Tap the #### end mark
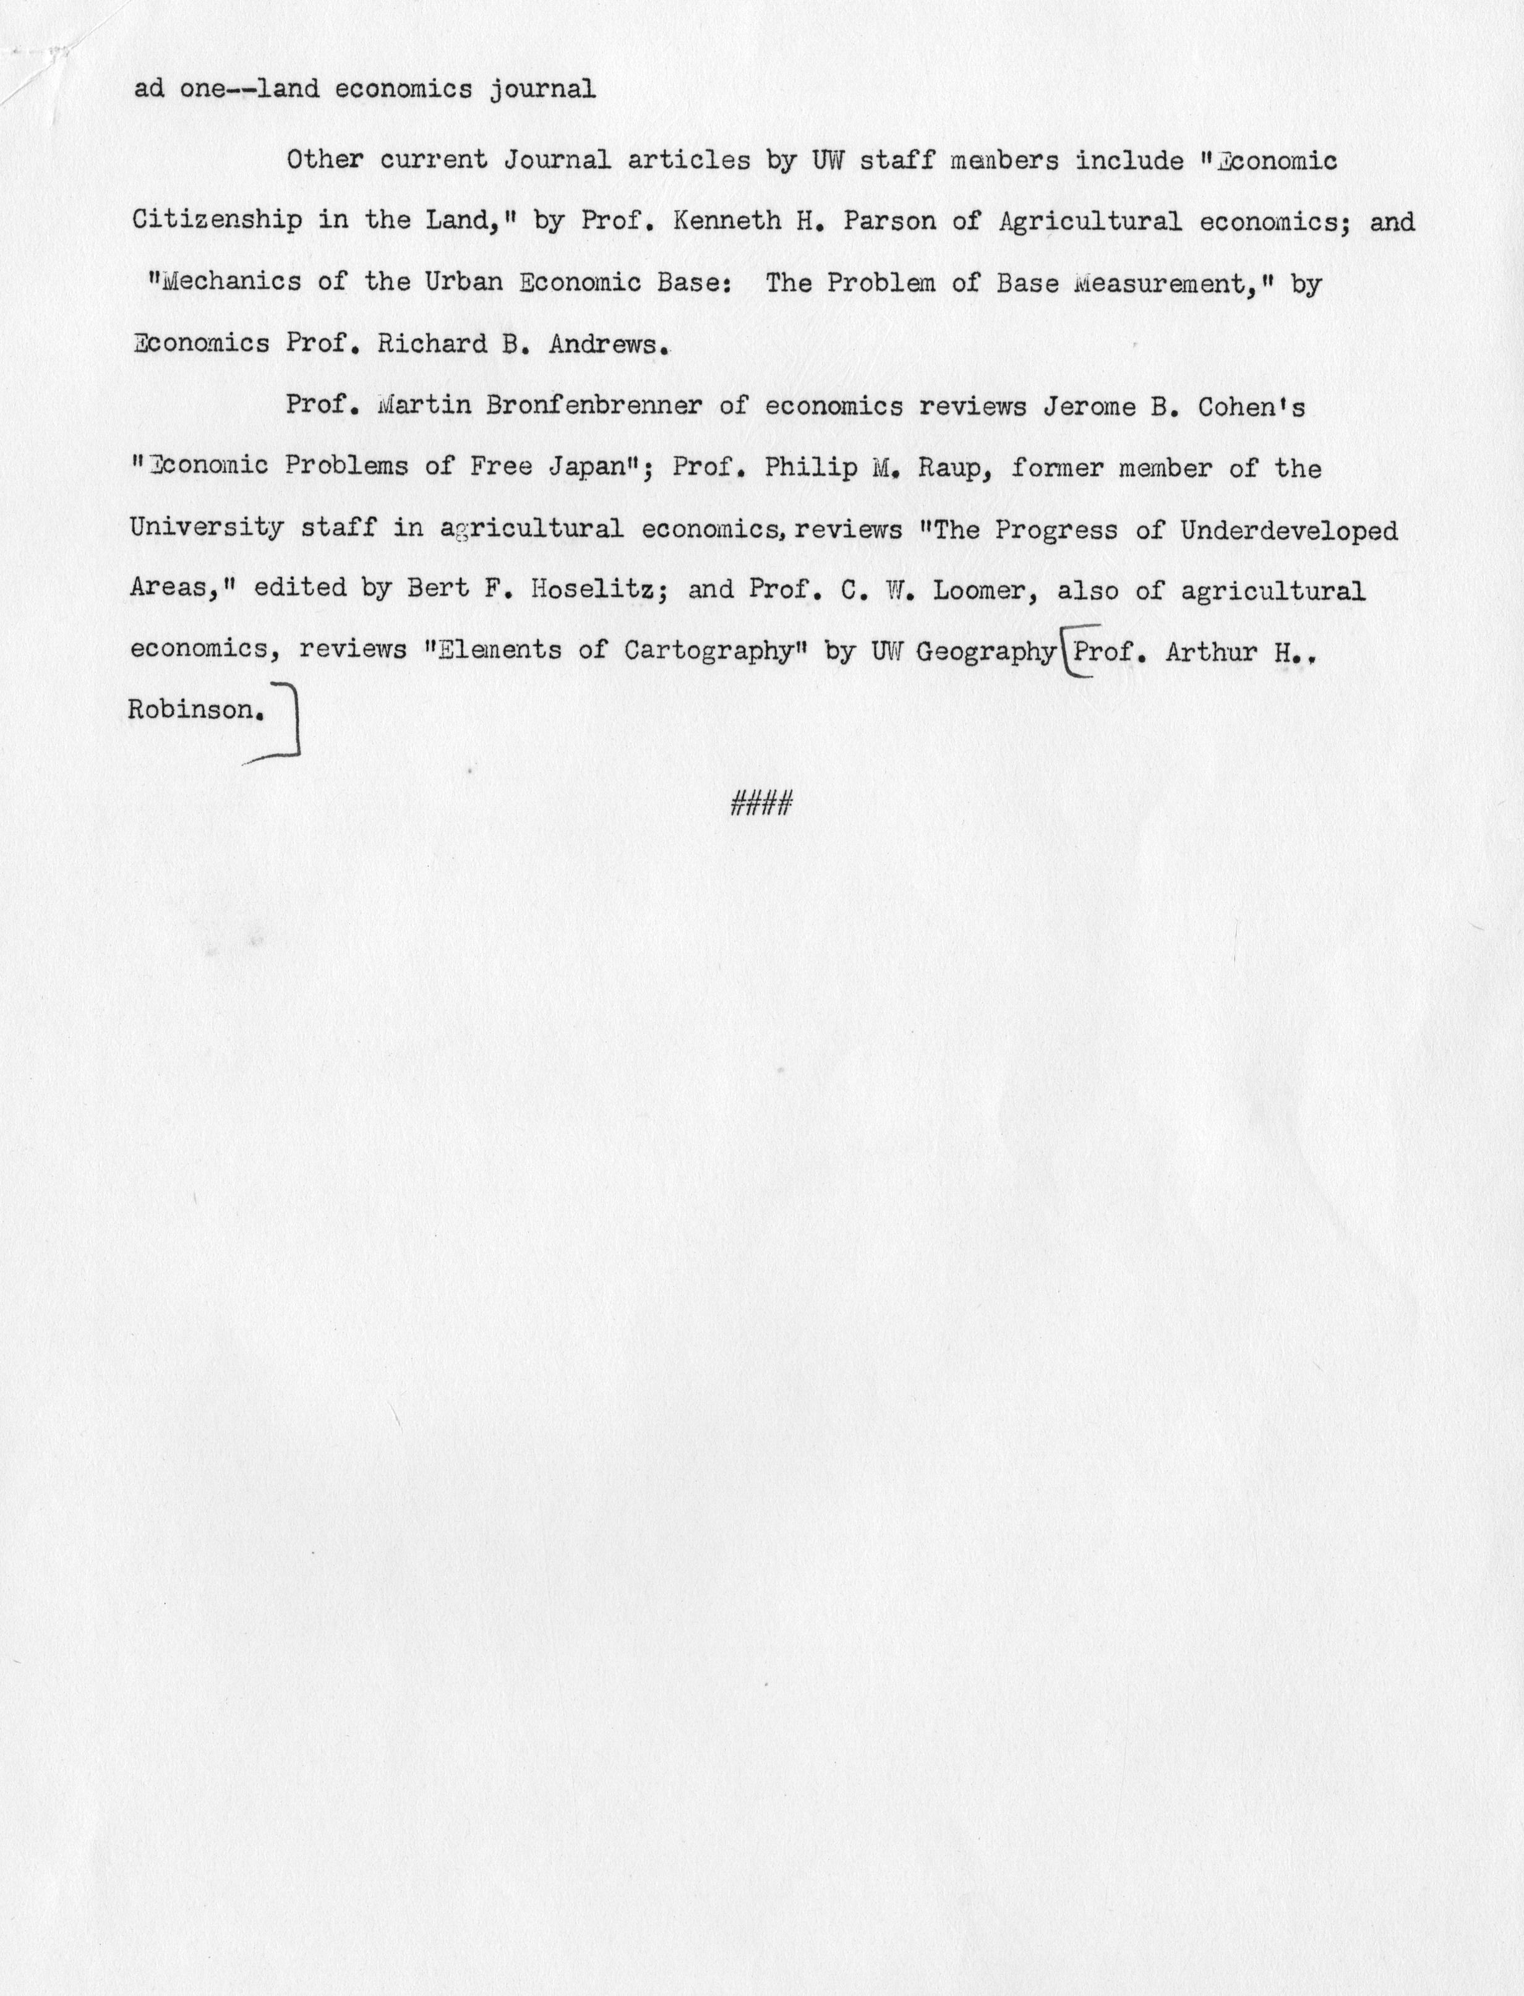(x=762, y=803)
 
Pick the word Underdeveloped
(x=1288, y=529)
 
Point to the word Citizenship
(x=217, y=221)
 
